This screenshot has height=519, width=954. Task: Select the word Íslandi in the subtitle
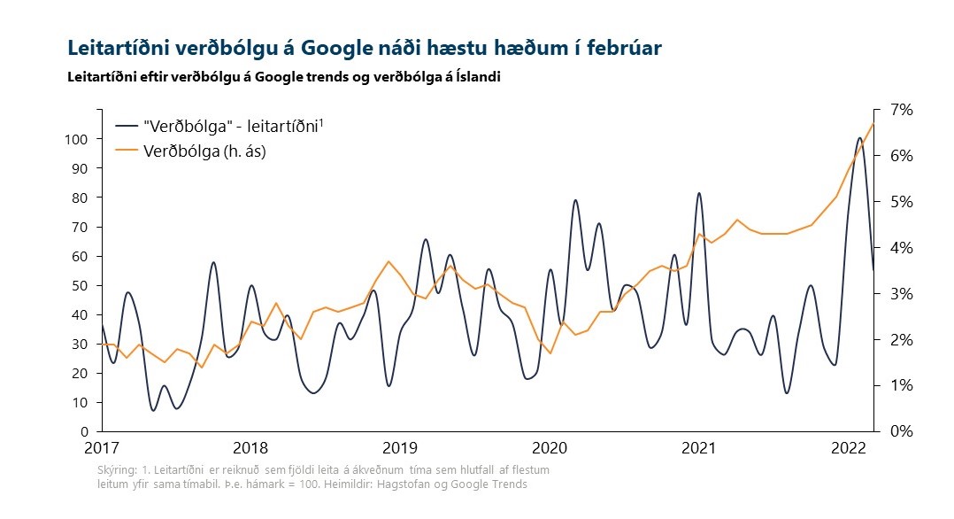(x=476, y=77)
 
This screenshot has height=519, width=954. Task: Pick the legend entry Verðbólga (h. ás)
(x=204, y=151)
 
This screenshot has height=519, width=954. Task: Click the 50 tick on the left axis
(x=79, y=286)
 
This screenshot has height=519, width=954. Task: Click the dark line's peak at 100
(x=859, y=138)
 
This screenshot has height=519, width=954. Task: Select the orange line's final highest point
(x=873, y=123)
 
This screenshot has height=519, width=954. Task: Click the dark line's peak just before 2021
(x=699, y=193)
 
